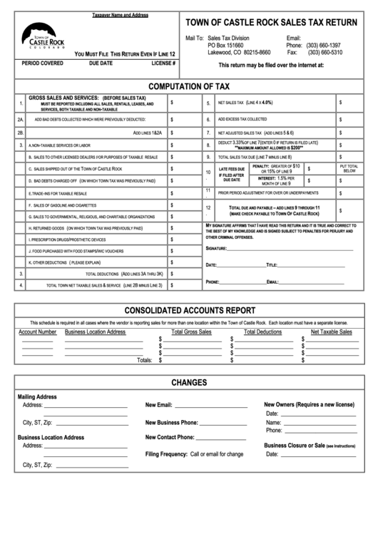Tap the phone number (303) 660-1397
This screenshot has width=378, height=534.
[x=325, y=45]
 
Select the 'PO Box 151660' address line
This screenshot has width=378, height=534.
[x=225, y=45]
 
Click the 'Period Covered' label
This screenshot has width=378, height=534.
[x=41, y=63]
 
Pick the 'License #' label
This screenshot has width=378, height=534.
[x=163, y=63]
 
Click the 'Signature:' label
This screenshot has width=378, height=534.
[x=217, y=249]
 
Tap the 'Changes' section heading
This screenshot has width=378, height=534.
[x=188, y=382]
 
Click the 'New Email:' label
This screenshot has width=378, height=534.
[x=159, y=405]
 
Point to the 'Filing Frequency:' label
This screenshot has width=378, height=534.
[x=166, y=453]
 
